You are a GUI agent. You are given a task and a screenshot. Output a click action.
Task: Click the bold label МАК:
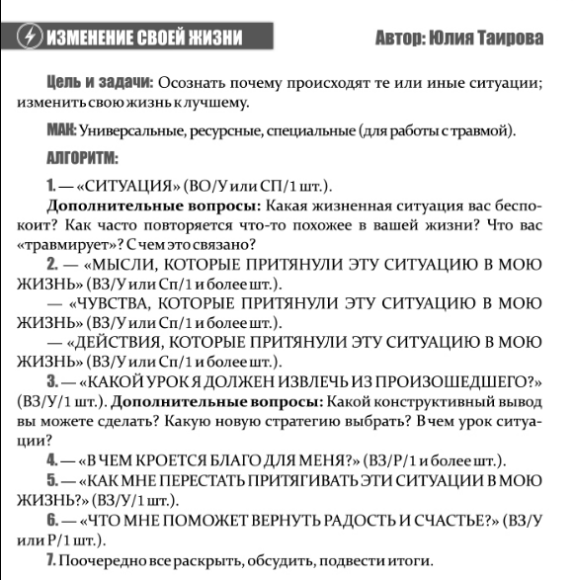click(61, 130)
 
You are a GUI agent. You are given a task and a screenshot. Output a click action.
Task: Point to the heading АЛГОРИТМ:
click(82, 157)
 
